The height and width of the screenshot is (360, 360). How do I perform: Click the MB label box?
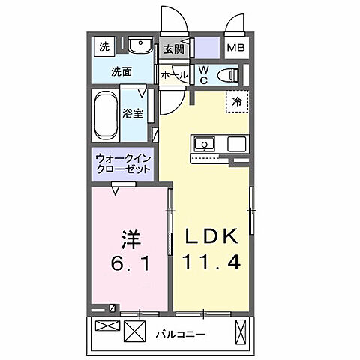click(x=236, y=48)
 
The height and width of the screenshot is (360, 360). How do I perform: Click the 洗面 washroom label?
click(x=122, y=72)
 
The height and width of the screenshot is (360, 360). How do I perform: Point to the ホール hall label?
click(x=174, y=74)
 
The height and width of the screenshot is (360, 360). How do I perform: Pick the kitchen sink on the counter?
click(x=204, y=144)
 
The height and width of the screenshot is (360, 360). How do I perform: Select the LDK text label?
click(x=211, y=237)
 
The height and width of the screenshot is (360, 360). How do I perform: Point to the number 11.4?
click(x=211, y=263)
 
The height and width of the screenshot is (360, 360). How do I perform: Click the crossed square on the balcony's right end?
click(x=241, y=330)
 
